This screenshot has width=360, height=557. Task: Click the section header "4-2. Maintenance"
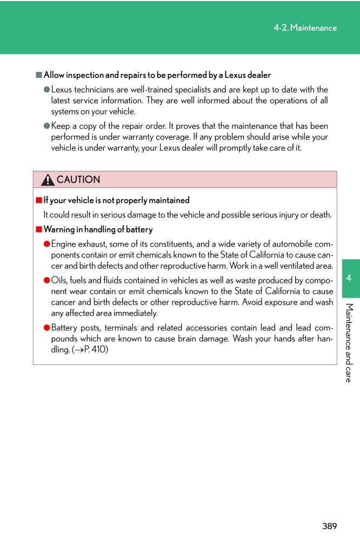(305, 28)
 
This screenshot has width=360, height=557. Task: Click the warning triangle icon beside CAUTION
(48, 180)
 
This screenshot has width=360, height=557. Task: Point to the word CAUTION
(78, 180)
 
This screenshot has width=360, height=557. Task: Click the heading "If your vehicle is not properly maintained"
(116, 200)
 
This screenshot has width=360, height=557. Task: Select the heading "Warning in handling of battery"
(98, 229)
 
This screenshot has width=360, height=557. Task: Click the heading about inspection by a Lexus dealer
(157, 75)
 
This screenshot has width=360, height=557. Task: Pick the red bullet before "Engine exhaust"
(46, 244)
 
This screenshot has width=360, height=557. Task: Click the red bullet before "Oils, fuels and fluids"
(46, 280)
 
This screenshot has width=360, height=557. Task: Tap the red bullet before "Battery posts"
(46, 328)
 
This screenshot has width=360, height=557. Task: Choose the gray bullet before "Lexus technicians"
(46, 90)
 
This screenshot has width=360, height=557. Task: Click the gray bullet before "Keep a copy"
(46, 126)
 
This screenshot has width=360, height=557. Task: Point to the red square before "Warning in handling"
(39, 229)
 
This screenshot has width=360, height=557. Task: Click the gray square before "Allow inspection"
(39, 75)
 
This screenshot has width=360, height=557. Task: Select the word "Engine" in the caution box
(64, 244)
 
